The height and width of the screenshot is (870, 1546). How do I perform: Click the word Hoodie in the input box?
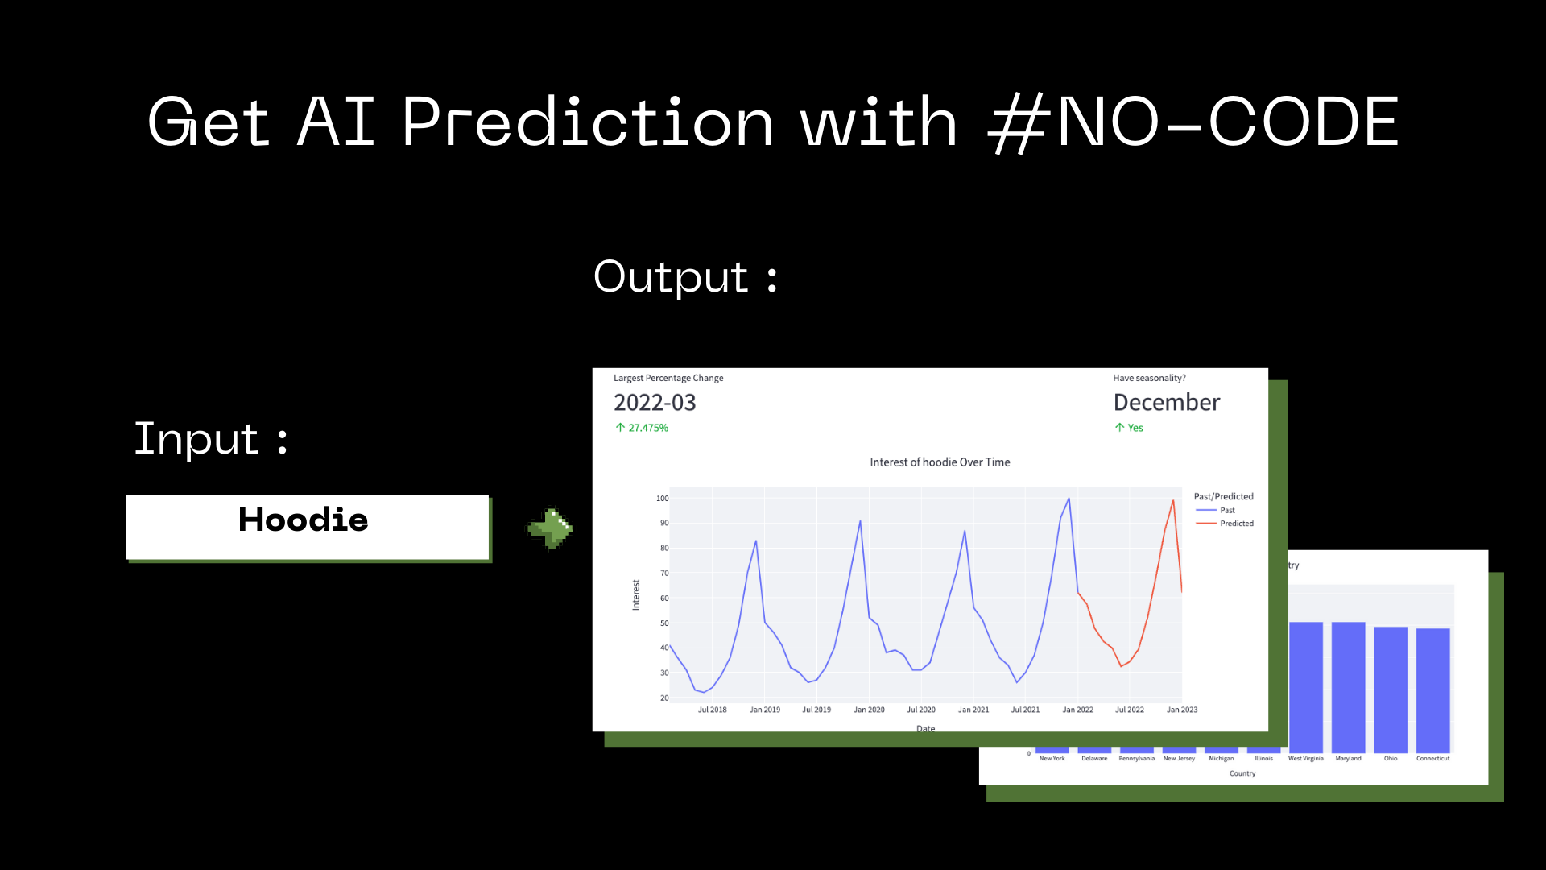point(304,520)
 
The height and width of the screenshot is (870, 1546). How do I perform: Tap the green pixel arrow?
point(551,528)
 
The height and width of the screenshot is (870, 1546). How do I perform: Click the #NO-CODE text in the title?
point(1193,122)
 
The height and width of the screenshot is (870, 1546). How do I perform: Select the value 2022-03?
point(655,403)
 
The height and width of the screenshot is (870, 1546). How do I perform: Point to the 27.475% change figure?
point(647,428)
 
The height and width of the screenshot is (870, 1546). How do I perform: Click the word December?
point(1166,403)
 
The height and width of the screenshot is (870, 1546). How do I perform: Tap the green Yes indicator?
point(1135,428)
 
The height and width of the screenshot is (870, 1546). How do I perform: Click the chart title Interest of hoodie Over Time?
point(940,462)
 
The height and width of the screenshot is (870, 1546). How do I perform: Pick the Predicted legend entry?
point(1236,524)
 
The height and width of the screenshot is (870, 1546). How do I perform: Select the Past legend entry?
point(1226,510)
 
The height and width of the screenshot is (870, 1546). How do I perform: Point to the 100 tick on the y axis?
point(662,499)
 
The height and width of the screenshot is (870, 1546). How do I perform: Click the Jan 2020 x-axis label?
point(869,710)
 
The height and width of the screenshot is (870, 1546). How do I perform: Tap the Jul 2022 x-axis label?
point(1129,710)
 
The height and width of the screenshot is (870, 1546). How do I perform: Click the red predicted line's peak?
point(1173,502)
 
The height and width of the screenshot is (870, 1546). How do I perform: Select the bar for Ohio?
point(1391,690)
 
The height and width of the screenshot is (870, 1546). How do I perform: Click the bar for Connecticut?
point(1432,690)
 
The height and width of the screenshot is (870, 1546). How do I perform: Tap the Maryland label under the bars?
point(1348,759)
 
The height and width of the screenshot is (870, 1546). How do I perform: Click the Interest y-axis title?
point(636,595)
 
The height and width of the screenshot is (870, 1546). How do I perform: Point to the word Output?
point(672,278)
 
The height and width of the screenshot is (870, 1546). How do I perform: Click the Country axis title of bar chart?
point(1242,774)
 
